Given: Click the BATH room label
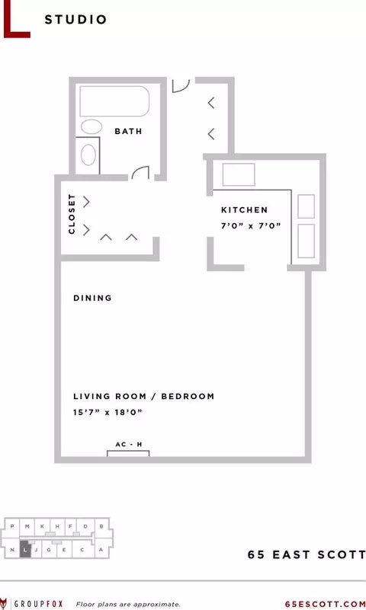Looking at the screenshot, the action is pos(128,132).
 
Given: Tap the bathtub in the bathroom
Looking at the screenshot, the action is pos(114,101).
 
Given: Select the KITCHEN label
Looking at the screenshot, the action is pos(245,210).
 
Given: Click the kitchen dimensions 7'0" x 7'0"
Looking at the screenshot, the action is pos(251,225).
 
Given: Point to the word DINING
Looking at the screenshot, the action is pos(93,298).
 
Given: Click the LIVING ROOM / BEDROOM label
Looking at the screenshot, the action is pos(143,397).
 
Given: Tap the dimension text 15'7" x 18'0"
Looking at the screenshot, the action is pos(108,412).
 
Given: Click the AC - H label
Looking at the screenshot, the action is pos(129,444).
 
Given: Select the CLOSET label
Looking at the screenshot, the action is pos(71,214).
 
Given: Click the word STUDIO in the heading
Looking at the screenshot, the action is pos(75,20).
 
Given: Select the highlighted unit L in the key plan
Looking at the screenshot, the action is pos(24,549).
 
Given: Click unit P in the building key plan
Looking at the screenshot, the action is pos(12,526).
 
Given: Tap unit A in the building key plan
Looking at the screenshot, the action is pos(101,550).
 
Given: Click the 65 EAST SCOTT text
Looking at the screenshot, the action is pos(307,554).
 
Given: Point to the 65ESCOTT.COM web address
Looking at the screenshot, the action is pos(326,604).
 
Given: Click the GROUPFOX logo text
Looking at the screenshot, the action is pos(38,604).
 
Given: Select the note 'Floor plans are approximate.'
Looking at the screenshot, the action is pos(128,605).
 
